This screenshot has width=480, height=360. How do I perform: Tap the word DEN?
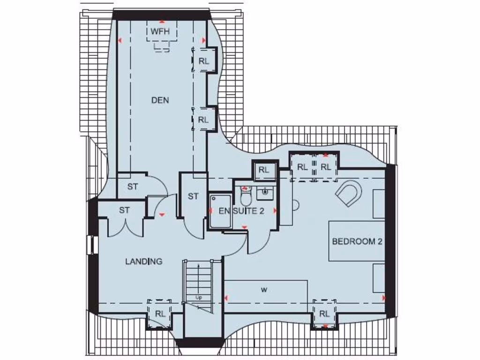pyautogui.click(x=160, y=100)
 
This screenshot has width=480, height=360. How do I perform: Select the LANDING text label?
pyautogui.click(x=144, y=262)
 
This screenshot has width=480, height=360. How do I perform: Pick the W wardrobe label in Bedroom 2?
pyautogui.click(x=264, y=290)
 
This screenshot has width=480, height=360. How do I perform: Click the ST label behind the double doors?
pyautogui.click(x=124, y=210)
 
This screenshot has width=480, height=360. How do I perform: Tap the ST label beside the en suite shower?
pyautogui.click(x=193, y=196)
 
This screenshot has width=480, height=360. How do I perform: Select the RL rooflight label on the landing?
pyautogui.click(x=160, y=314)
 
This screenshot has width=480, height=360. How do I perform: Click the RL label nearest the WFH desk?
pyautogui.click(x=203, y=61)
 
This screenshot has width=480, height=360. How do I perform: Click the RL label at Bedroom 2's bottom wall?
pyautogui.click(x=324, y=314)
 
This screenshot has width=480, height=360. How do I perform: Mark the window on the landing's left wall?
pyautogui.click(x=90, y=245)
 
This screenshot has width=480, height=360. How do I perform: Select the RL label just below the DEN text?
pyautogui.click(x=203, y=120)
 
